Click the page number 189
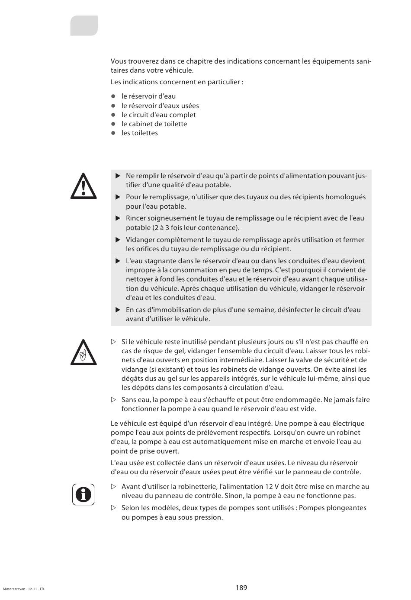click(241, 587)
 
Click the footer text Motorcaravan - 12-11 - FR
click(23, 589)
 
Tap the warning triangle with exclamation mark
click(83, 186)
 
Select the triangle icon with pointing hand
click(83, 352)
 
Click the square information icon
click(83, 494)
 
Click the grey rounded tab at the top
click(84, 26)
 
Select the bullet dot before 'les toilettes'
click(113, 133)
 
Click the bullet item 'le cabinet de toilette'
click(154, 124)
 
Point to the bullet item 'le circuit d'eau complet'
click(158, 115)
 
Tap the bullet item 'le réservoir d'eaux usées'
click(160, 106)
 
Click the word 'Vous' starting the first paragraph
click(119, 61)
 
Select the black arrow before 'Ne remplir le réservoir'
click(118, 176)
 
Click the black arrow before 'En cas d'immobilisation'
click(118, 310)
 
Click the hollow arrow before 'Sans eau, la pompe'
click(114, 400)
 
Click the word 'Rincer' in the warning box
click(136, 218)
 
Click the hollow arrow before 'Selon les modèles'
click(114, 508)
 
